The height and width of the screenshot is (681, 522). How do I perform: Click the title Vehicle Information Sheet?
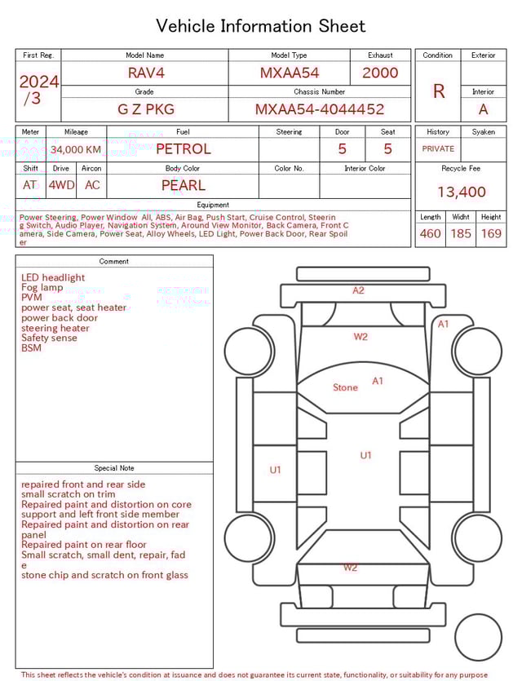pyautogui.click(x=261, y=26)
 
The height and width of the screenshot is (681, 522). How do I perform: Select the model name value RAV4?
pyautogui.click(x=145, y=73)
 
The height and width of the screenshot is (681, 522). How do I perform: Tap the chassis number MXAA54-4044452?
pyautogui.click(x=320, y=109)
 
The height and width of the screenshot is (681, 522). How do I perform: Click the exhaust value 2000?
pyautogui.click(x=380, y=73)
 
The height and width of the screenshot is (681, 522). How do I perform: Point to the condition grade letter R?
pyautogui.click(x=438, y=91)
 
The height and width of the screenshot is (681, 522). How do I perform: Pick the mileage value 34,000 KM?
pyautogui.click(x=76, y=149)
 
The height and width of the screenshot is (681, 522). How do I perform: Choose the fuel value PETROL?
pyautogui.click(x=183, y=148)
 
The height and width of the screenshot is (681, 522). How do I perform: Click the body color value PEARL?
pyautogui.click(x=183, y=185)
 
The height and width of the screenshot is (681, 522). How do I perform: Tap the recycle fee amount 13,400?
pyautogui.click(x=461, y=192)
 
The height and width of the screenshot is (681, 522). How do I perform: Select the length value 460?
pyautogui.click(x=430, y=234)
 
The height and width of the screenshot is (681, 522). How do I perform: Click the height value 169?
pyautogui.click(x=491, y=234)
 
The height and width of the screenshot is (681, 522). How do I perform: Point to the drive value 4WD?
pyautogui.click(x=61, y=185)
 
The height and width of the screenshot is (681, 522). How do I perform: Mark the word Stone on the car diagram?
pyautogui.click(x=345, y=387)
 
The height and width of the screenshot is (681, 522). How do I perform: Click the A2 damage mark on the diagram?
pyautogui.click(x=358, y=290)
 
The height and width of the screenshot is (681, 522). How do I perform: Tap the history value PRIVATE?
pyautogui.click(x=438, y=149)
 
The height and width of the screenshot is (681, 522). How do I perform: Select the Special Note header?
pyautogui.click(x=114, y=468)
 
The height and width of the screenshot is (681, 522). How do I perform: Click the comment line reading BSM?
pyautogui.click(x=31, y=348)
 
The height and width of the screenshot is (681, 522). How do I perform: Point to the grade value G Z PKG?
pyautogui.click(x=145, y=109)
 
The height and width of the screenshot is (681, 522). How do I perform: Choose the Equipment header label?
pyautogui.click(x=213, y=205)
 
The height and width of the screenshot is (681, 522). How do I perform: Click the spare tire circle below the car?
pyautogui.click(x=477, y=638)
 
